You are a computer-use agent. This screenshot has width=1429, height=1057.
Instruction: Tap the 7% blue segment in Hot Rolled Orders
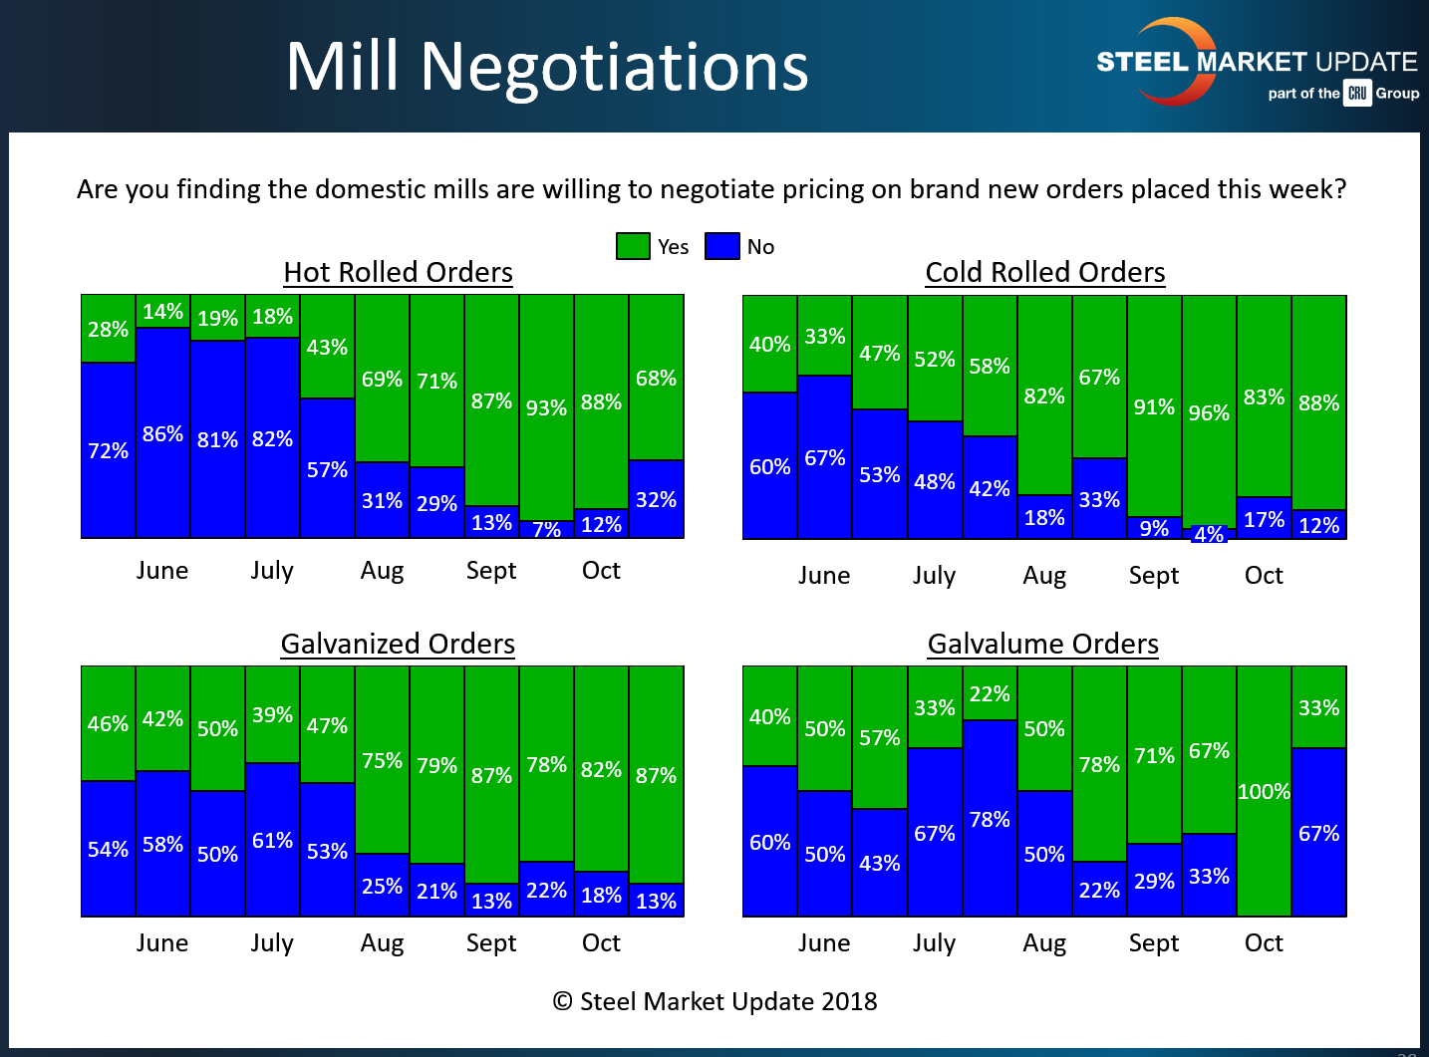546,530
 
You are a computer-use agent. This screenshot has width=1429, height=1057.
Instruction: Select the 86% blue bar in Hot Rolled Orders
162,433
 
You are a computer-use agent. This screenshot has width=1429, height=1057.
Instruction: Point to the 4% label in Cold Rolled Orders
1209,535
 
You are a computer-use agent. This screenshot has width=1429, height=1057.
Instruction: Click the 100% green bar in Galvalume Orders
1264,791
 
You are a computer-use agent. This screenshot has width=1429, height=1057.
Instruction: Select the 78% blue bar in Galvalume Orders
990,819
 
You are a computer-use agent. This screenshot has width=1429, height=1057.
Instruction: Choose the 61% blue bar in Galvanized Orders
272,840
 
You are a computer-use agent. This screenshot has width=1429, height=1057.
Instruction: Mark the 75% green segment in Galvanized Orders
382,760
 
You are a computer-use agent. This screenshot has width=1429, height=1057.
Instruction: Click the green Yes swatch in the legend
633,246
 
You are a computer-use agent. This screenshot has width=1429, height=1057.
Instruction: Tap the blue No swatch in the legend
721,246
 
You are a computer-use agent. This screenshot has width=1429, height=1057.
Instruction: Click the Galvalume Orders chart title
1042,644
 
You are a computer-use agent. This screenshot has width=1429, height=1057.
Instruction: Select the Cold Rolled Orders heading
1044,272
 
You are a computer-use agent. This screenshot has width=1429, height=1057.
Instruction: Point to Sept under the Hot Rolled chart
491,571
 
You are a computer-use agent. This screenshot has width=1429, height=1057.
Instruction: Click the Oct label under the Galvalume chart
1264,942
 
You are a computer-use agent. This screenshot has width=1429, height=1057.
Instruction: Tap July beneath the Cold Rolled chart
934,576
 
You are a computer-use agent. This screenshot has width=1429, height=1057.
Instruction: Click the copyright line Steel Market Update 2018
714,1001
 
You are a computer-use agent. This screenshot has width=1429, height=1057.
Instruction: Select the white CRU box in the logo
1357,93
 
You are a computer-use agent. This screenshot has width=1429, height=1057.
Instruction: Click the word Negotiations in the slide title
614,67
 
